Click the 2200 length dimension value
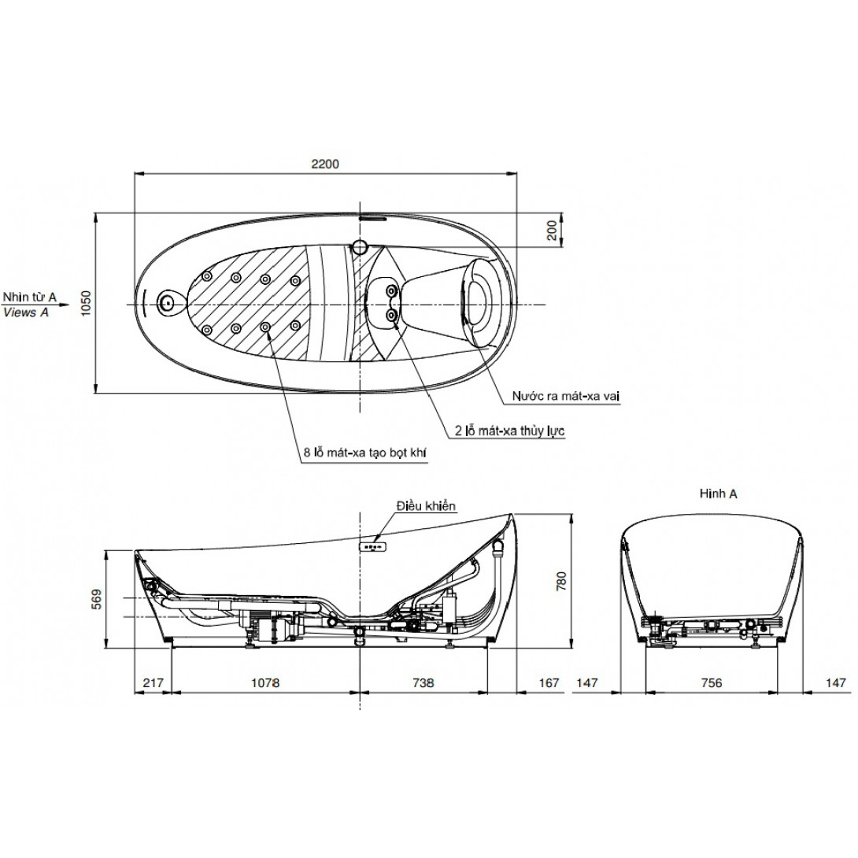pyautogui.click(x=325, y=164)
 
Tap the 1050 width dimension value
pyautogui.click(x=86, y=303)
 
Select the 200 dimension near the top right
pyautogui.click(x=552, y=230)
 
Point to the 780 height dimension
pyautogui.click(x=561, y=581)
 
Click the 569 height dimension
pyautogui.click(x=97, y=600)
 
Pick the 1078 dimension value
pyautogui.click(x=265, y=683)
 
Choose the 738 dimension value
pyautogui.click(x=423, y=683)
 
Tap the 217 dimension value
pyautogui.click(x=153, y=683)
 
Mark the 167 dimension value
pyautogui.click(x=549, y=683)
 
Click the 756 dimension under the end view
pyautogui.click(x=712, y=683)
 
